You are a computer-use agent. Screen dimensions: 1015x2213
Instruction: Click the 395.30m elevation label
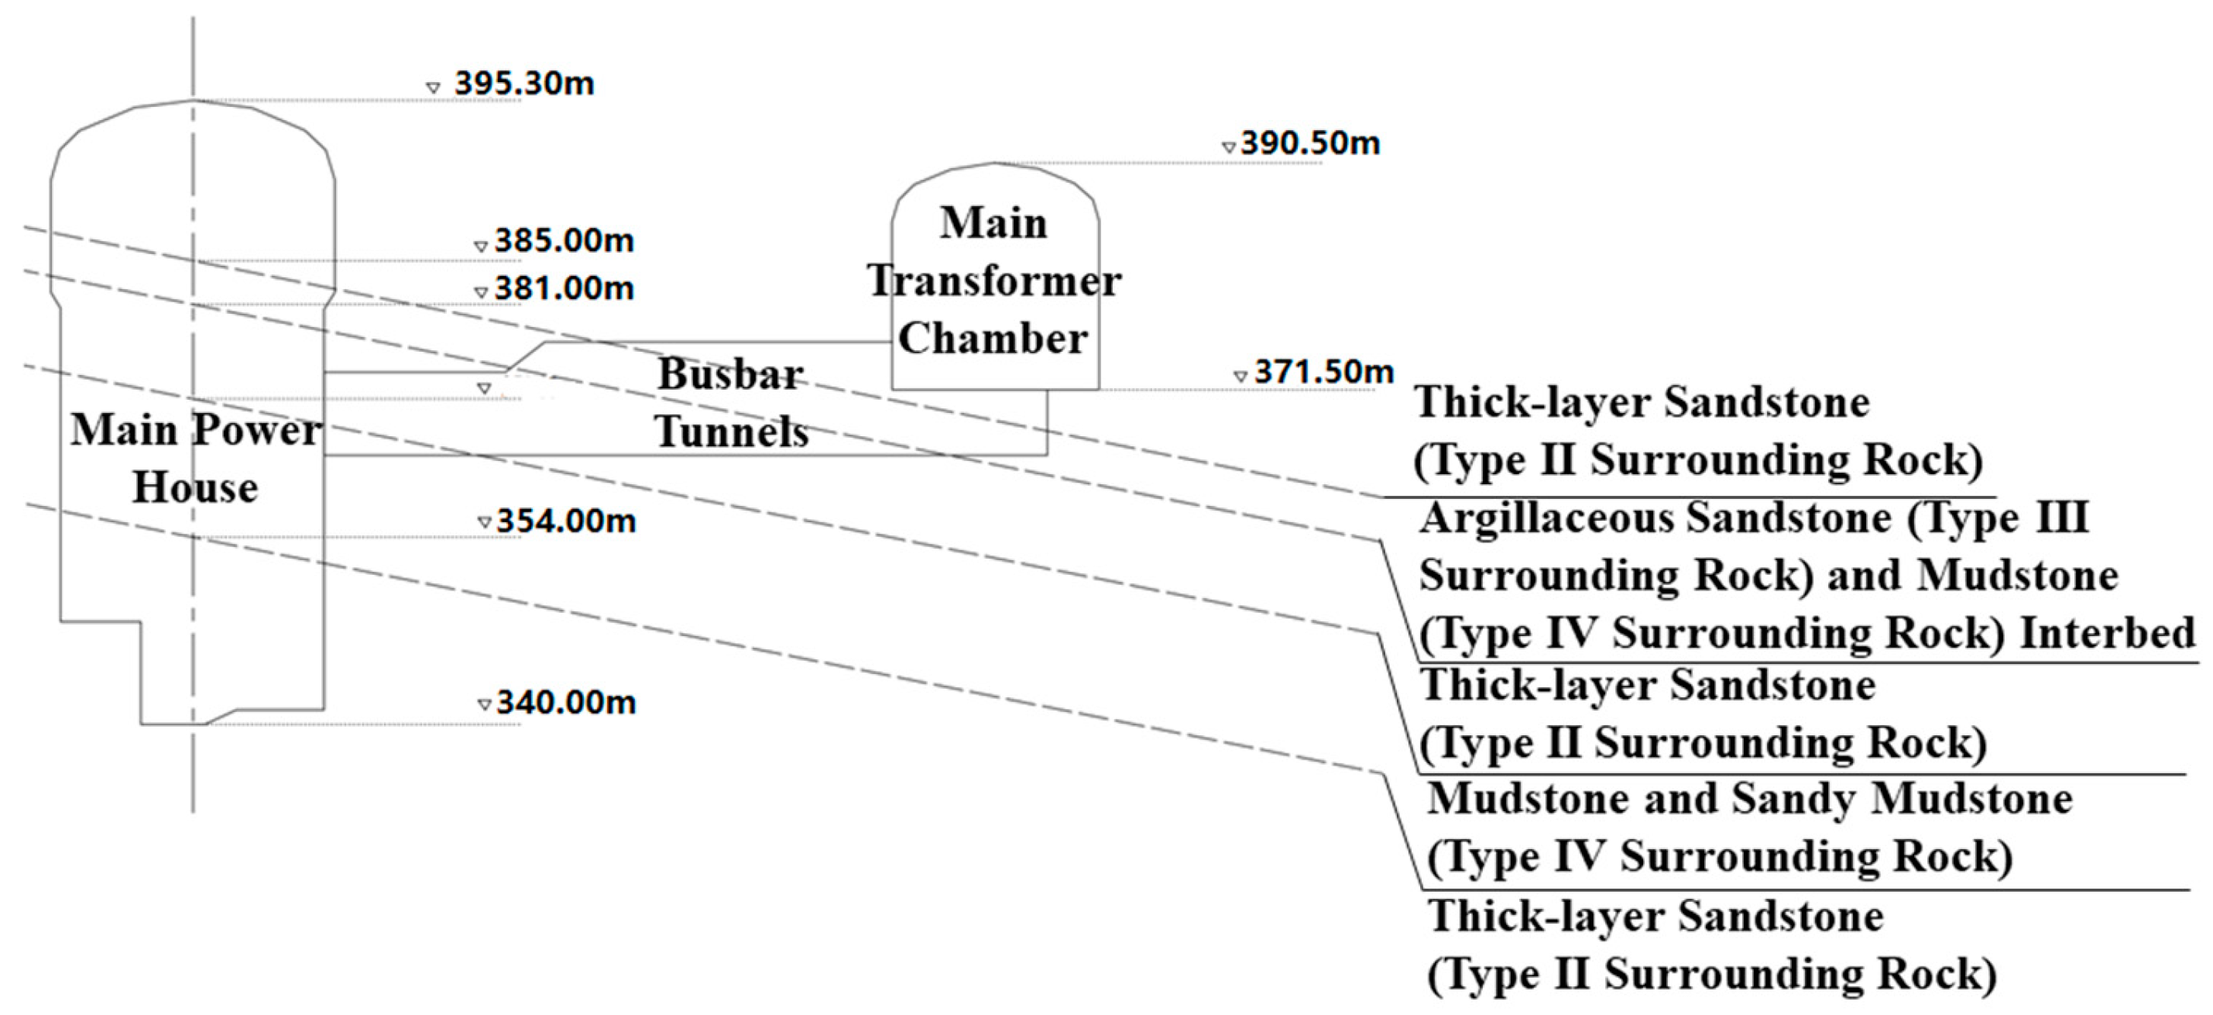coord(524,84)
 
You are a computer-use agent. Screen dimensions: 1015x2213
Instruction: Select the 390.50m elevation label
coord(1310,143)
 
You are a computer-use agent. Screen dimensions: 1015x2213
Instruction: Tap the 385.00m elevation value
coord(564,242)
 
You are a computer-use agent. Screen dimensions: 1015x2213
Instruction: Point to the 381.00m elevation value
coord(564,289)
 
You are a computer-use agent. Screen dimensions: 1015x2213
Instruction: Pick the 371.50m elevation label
coord(1324,372)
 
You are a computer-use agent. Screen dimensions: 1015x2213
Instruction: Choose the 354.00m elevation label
coord(566,521)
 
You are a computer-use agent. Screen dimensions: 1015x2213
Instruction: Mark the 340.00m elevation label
coord(566,703)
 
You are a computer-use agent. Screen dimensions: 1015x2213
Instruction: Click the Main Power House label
coord(196,458)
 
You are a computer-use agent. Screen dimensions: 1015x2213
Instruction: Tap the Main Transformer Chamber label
coord(994,280)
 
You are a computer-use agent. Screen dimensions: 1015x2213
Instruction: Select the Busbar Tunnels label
coord(731,402)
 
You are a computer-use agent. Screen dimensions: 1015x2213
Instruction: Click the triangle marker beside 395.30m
coord(433,88)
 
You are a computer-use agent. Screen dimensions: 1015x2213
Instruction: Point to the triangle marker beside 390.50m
coord(1229,148)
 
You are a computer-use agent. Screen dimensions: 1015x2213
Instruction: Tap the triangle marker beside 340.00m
coord(485,706)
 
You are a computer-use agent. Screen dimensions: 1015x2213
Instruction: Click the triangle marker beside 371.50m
coord(1240,377)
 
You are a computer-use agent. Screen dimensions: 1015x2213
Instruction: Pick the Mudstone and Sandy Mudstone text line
coord(1750,800)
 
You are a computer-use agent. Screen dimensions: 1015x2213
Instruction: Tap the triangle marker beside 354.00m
coord(485,522)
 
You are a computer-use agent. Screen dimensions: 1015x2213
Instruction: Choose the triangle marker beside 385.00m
coord(481,246)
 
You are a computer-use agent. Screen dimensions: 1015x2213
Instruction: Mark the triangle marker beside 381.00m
coord(481,293)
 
